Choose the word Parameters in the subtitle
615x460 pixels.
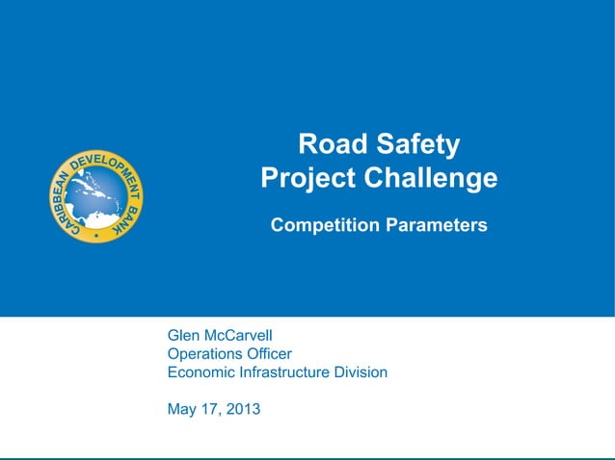(438, 226)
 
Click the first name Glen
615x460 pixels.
(183, 336)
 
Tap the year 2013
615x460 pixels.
(242, 410)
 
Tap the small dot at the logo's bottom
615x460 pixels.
(95, 234)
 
